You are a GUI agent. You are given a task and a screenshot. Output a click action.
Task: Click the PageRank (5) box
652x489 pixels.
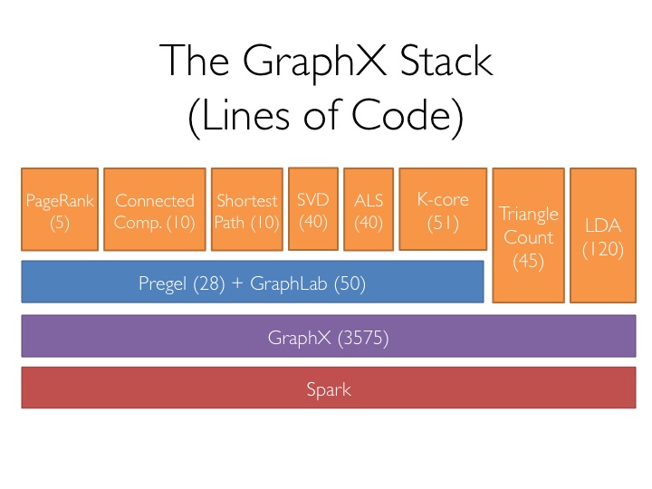60,209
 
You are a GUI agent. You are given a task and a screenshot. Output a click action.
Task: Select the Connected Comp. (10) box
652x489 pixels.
155,209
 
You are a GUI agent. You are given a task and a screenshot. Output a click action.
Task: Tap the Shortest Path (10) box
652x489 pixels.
247,209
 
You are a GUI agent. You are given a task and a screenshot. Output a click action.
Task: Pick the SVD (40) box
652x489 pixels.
313,209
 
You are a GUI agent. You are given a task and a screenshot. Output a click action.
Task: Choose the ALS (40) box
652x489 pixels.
369,209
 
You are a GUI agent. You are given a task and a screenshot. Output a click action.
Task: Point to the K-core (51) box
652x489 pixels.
443,209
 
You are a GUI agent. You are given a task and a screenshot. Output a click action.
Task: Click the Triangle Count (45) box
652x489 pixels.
529,235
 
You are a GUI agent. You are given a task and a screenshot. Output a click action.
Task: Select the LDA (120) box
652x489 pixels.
603,235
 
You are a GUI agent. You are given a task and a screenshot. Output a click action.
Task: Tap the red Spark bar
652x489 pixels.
329,388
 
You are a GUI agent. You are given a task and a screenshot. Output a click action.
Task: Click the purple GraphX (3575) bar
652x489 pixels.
329,336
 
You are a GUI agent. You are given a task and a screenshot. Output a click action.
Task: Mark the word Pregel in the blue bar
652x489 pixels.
163,284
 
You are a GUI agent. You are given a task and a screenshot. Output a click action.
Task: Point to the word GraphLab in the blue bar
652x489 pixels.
289,283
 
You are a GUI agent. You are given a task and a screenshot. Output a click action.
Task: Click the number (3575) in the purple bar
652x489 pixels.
363,338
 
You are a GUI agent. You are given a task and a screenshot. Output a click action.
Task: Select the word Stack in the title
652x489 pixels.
446,62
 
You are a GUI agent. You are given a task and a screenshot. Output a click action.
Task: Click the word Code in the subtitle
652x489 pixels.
401,114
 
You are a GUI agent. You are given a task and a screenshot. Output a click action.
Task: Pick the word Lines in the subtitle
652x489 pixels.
245,114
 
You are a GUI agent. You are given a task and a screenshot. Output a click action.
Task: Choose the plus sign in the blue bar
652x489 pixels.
237,283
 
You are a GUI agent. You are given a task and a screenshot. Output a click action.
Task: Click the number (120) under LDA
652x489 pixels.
603,250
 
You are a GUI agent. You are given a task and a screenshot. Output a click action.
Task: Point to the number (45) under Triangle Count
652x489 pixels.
529,261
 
